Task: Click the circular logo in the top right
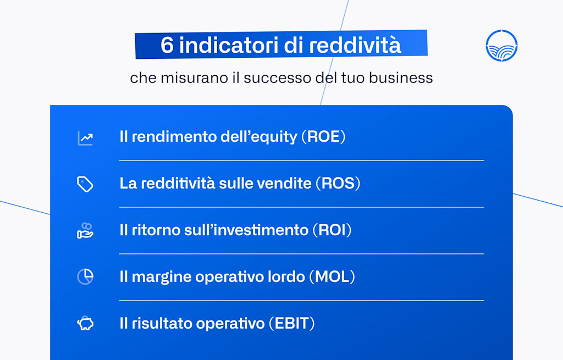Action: click(501, 46)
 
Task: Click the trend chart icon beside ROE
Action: click(85, 137)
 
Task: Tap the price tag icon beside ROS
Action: click(85, 184)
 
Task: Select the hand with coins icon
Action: click(85, 230)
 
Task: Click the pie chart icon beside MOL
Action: click(85, 276)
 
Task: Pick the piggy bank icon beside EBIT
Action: click(85, 324)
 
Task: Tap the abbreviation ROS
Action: click(338, 183)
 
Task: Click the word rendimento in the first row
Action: click(167, 137)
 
